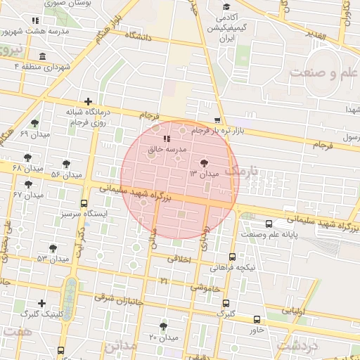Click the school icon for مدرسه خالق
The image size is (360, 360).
click(167, 138)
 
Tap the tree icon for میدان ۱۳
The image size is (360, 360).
click(205, 162)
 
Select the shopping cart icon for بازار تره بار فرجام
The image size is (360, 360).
click(218, 120)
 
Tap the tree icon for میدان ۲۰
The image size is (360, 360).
click(164, 326)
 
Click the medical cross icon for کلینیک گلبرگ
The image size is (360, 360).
click(42, 304)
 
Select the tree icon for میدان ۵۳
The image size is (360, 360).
click(53, 247)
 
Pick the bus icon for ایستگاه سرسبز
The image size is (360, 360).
click(85, 202)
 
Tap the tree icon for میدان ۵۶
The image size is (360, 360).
click(67, 163)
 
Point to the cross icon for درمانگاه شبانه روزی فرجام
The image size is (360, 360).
click(88, 101)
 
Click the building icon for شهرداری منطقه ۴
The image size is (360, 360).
click(43, 56)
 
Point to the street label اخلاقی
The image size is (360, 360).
click(179, 259)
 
